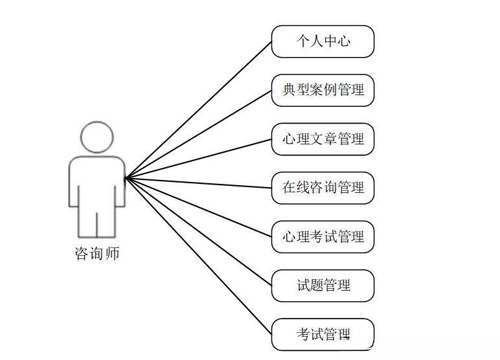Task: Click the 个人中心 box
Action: point(323,41)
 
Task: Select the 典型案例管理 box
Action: point(323,90)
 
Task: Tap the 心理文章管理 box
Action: point(323,139)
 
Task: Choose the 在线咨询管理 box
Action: point(323,188)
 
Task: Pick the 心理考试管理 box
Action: point(323,237)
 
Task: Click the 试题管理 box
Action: point(323,286)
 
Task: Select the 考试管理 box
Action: point(323,335)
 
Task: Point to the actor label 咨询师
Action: point(97,253)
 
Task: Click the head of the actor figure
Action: point(97,137)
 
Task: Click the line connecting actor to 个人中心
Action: point(198,109)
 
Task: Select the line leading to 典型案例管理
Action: point(198,133)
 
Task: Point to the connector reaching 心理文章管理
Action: point(198,158)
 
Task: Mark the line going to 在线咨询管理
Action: point(198,183)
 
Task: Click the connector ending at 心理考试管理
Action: point(198,207)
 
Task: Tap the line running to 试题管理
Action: point(198,231)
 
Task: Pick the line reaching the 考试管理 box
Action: point(198,255)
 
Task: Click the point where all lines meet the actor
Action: point(126,177)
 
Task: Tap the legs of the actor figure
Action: point(97,220)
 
